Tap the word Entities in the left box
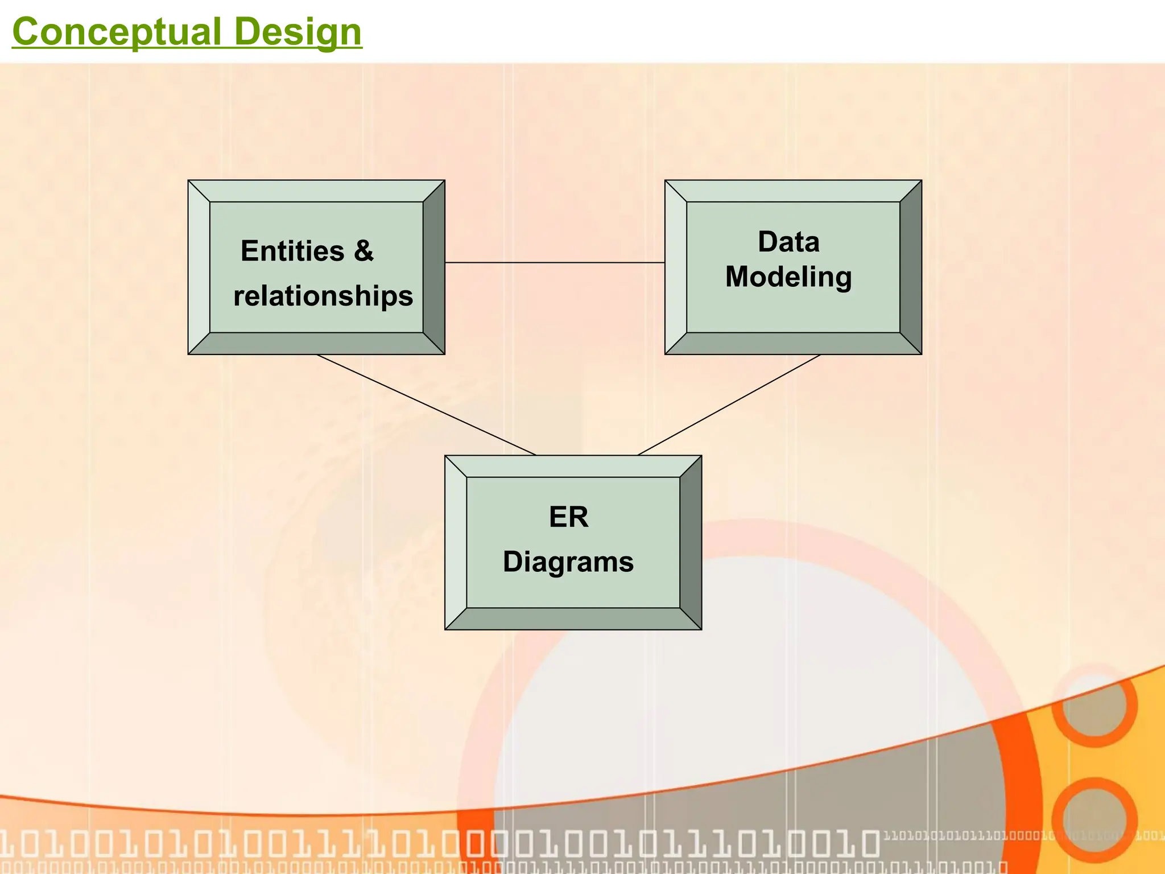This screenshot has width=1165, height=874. click(292, 251)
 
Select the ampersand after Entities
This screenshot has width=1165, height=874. click(363, 251)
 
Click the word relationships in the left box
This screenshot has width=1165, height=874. click(323, 296)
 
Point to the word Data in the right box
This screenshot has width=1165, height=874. click(788, 242)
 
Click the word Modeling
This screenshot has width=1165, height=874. click(788, 277)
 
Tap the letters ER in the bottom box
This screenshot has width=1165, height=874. click(568, 517)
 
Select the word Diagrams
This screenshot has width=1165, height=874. click(568, 562)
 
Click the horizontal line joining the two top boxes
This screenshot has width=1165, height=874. click(555, 262)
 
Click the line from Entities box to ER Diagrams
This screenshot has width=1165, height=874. click(427, 405)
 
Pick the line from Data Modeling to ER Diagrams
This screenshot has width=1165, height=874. click(729, 405)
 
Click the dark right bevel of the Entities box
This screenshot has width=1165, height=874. click(434, 267)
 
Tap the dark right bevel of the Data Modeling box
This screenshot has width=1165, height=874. click(911, 267)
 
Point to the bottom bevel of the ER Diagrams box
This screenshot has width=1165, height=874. click(573, 619)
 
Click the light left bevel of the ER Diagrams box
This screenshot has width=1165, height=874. click(456, 542)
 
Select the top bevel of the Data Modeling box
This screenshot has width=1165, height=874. click(793, 191)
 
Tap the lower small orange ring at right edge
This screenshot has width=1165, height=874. click(1095, 819)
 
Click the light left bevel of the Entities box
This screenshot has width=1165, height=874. click(199, 267)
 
